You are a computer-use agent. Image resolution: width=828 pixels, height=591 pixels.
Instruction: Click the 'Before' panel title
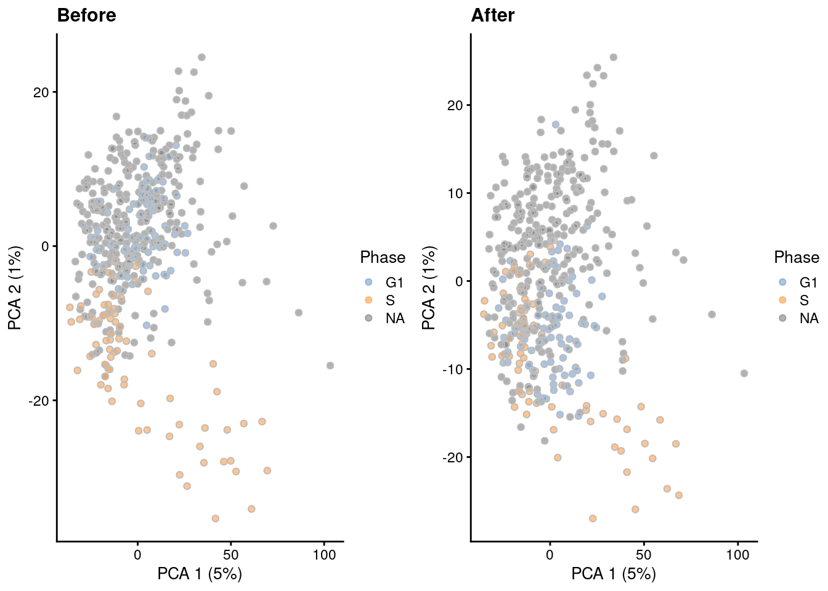coord(86,15)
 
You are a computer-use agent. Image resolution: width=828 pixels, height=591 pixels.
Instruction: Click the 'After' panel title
coord(492,15)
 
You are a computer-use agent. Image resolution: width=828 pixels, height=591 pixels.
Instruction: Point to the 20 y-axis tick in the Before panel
coord(41,92)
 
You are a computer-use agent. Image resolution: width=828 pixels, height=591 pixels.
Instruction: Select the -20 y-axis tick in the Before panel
coord(39,401)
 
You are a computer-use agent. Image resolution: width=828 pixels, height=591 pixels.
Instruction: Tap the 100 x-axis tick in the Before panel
coord(324,555)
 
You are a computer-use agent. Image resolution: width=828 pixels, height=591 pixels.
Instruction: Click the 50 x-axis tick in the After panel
coord(644,555)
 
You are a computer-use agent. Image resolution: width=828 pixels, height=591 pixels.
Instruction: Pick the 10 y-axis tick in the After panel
coord(455,193)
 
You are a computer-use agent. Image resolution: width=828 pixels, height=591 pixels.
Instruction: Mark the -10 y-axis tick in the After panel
coord(453,369)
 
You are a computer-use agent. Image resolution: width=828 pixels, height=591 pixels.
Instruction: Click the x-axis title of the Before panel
coord(200,574)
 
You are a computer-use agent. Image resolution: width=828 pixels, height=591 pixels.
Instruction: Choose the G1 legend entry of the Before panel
coord(394,283)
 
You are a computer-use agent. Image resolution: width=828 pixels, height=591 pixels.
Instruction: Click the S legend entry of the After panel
coord(804,300)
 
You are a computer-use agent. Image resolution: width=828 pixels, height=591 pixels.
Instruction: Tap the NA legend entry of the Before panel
coord(395,318)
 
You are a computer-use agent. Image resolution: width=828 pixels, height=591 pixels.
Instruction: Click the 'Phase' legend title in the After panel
coord(796,257)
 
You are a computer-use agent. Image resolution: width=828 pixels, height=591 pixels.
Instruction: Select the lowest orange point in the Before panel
coord(216,518)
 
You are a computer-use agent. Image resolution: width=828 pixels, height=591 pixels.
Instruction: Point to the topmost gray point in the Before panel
coord(201,57)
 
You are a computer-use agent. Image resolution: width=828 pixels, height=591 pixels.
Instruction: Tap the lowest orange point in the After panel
coord(593,518)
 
